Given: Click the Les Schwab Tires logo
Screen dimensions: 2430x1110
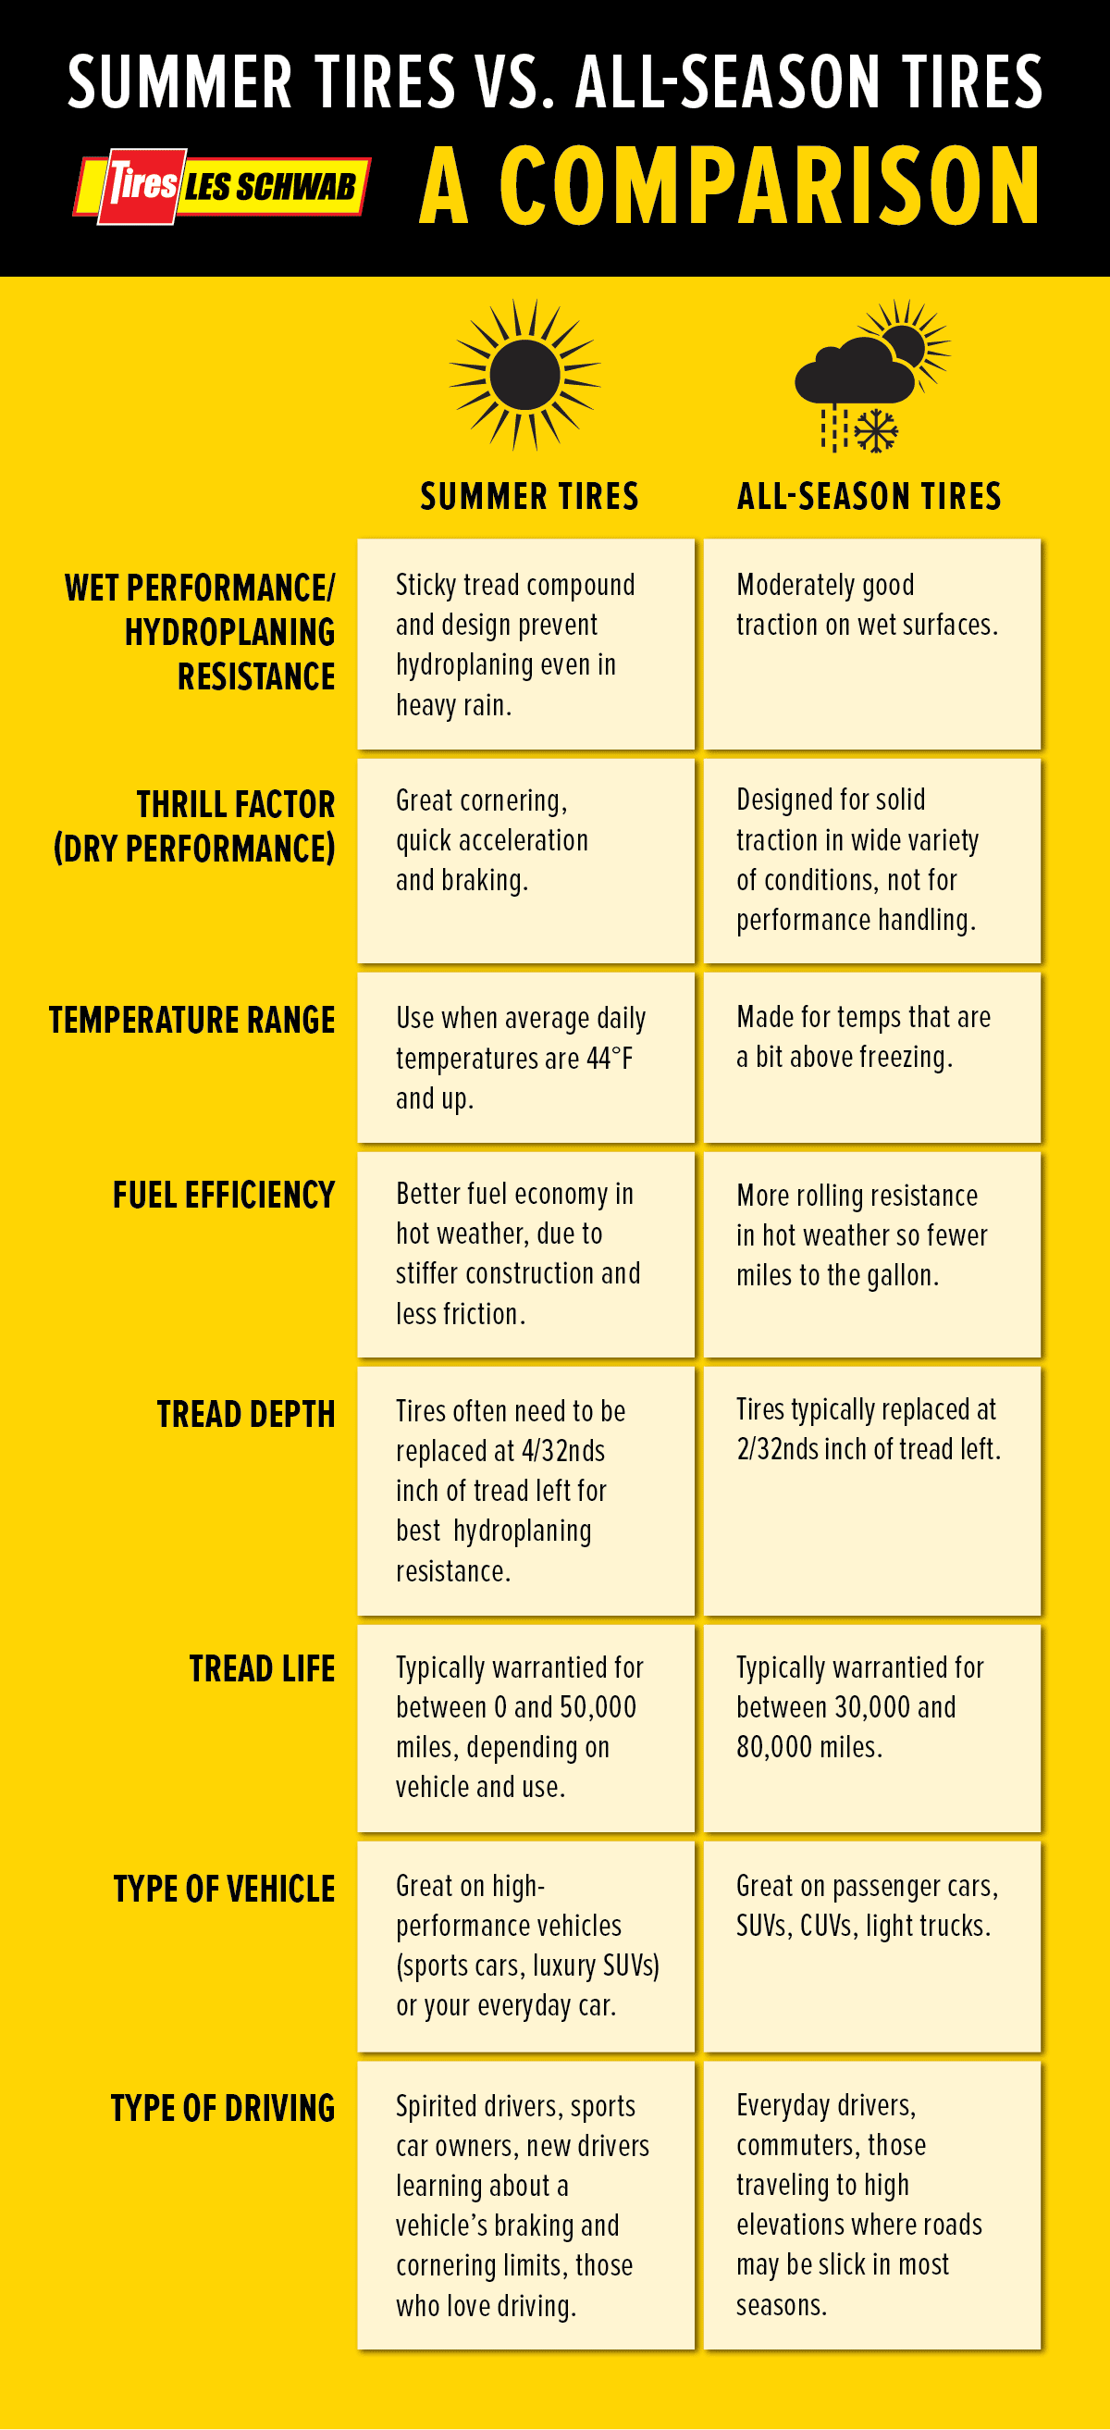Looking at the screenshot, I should coord(223,186).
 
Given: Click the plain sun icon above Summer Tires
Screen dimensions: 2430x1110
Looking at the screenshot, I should coord(525,375).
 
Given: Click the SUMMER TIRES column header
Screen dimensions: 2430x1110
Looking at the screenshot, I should coord(529,496).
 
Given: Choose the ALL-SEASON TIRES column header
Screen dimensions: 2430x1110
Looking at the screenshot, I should coord(869,496).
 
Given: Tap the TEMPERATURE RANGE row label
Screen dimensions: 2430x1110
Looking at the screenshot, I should coord(192,1021).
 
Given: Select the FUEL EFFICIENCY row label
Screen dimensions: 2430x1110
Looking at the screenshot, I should coord(224,1196).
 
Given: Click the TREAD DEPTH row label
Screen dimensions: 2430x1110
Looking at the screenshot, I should coord(246,1414).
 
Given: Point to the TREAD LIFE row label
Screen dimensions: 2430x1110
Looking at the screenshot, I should coord(262,1668).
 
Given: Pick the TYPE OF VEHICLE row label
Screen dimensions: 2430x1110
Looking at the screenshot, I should coord(225,1890).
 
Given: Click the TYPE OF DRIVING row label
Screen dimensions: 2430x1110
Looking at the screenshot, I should coord(223,2108).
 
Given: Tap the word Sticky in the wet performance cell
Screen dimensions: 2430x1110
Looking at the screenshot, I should coord(425,585).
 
